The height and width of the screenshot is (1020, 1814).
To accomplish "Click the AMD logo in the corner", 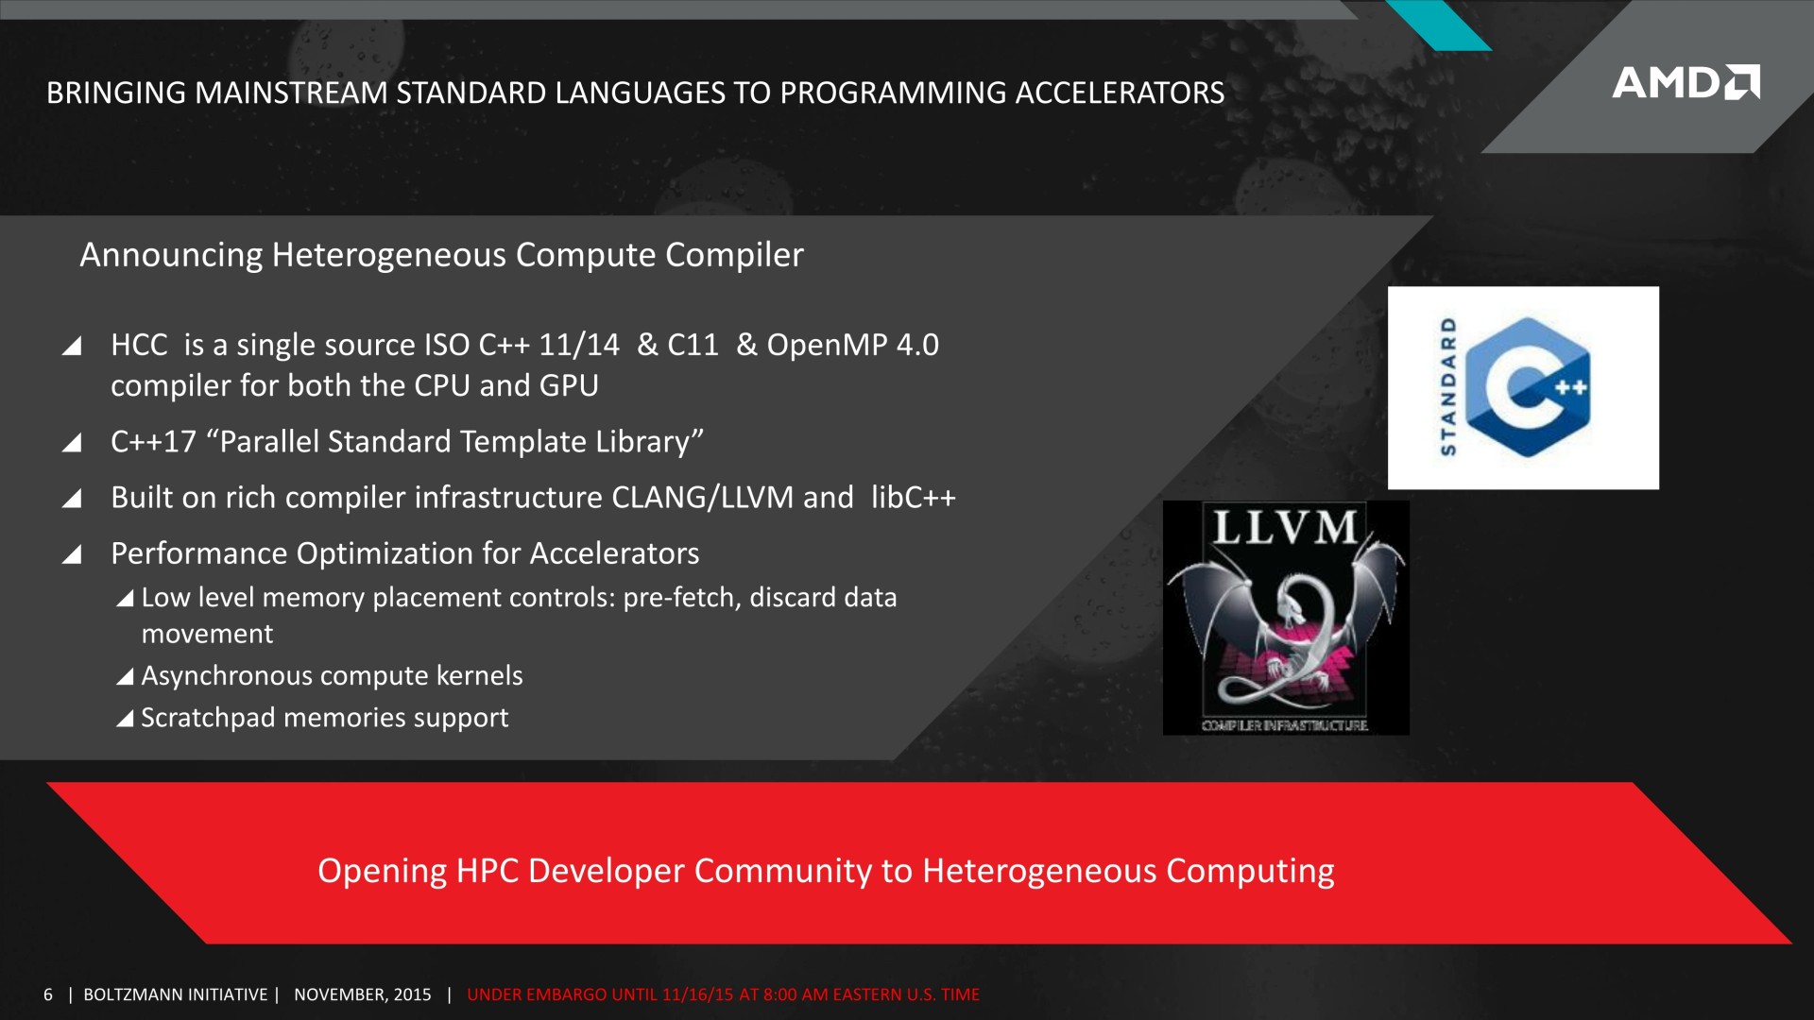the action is click(x=1686, y=82).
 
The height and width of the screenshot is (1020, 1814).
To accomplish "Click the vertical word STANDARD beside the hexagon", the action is click(x=1447, y=386).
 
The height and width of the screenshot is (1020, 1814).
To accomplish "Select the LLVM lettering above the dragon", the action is click(x=1285, y=526).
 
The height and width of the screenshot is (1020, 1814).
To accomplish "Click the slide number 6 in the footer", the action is click(x=48, y=994).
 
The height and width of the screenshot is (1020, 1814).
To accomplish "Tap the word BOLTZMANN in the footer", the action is click(x=128, y=994).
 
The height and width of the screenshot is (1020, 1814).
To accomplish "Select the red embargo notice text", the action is click(x=723, y=994).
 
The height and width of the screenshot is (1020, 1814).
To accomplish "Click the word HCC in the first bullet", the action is click(x=139, y=345).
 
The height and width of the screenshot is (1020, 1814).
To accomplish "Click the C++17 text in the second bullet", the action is click(x=153, y=441).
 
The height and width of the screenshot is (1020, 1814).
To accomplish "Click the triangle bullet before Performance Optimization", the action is click(x=72, y=553).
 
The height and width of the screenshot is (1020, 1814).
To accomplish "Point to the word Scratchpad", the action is click(x=208, y=718).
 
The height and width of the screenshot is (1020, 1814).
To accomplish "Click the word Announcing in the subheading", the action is click(x=171, y=255).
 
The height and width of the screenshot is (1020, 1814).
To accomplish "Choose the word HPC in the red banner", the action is click(x=488, y=871).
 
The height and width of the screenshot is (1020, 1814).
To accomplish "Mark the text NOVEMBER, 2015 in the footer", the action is click(x=363, y=994).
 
